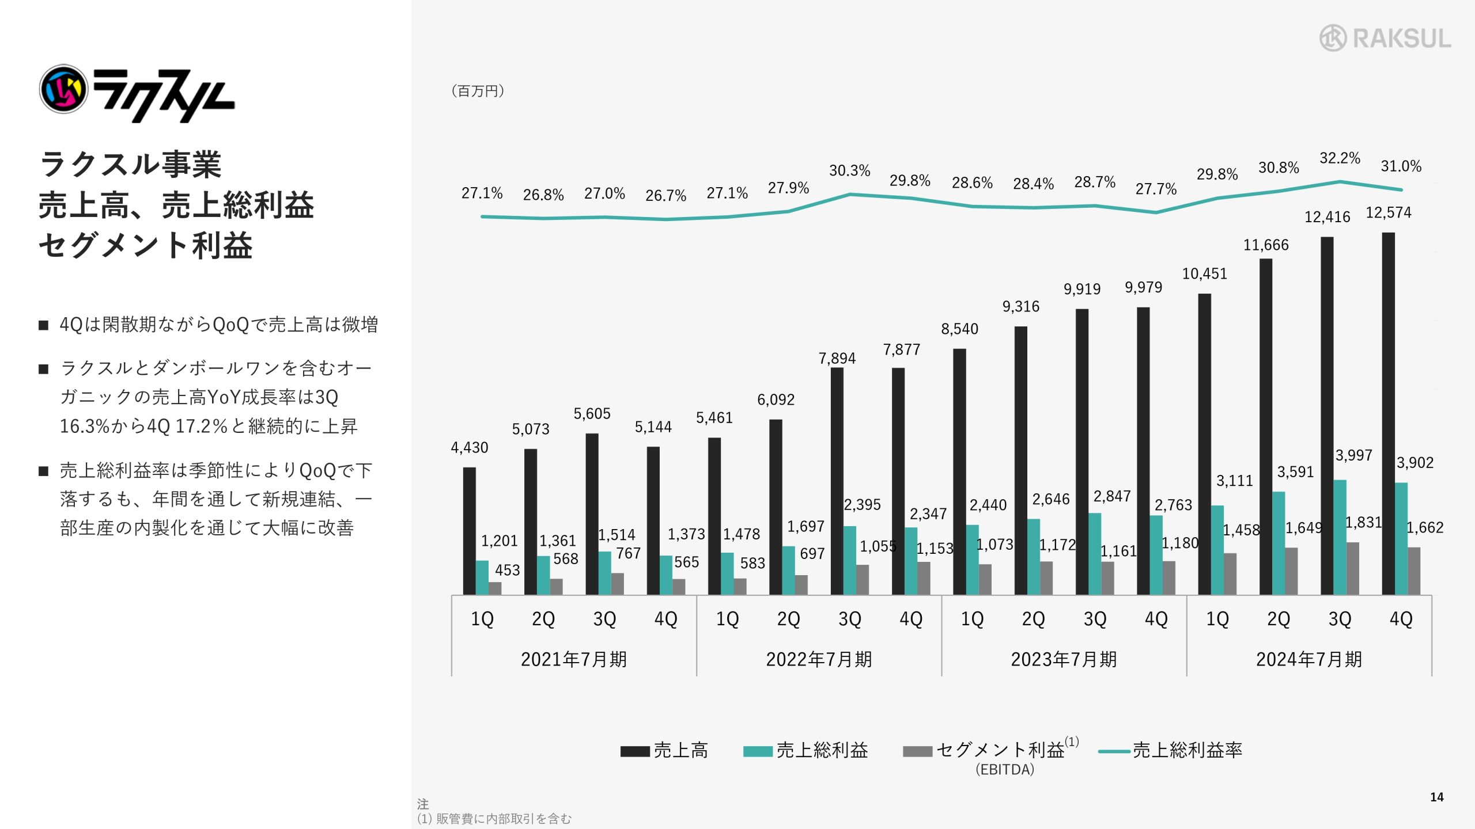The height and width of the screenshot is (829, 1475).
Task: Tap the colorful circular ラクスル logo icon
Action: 63,89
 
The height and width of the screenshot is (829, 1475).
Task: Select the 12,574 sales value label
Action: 1389,213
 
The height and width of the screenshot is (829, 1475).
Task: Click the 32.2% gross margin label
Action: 1340,158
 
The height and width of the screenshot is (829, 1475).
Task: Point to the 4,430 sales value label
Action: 469,448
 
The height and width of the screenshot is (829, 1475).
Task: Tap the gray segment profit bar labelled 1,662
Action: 1414,571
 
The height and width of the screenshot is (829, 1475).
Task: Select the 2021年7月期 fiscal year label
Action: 574,659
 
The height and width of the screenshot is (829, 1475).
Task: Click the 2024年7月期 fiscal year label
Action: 1309,659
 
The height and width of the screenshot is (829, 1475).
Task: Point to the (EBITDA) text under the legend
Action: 1005,770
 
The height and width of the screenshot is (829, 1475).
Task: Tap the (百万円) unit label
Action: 478,91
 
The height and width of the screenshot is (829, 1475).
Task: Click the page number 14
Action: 1437,797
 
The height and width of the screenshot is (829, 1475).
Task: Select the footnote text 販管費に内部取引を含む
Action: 503,819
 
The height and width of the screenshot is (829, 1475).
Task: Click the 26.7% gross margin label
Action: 665,196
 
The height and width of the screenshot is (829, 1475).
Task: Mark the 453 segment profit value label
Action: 507,571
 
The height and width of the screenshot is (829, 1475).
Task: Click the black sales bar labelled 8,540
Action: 959,471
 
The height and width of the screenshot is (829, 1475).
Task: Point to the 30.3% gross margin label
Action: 849,171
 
